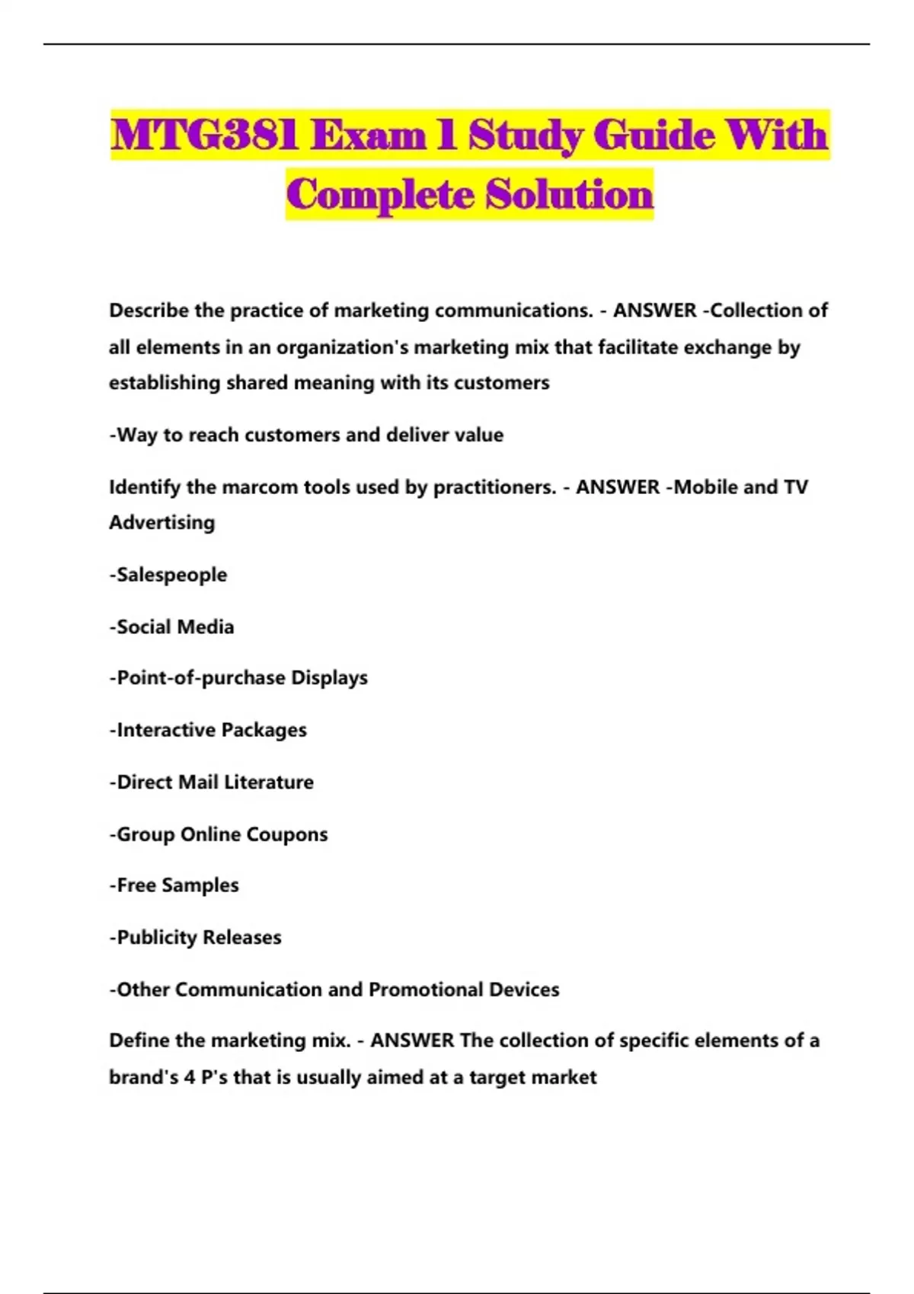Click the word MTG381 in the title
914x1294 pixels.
click(204, 135)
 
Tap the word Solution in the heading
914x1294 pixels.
click(570, 194)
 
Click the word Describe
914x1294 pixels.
click(149, 311)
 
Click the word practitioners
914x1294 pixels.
click(494, 486)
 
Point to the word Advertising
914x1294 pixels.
click(162, 522)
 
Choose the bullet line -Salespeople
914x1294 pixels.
click(168, 575)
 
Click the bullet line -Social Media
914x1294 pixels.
click(171, 626)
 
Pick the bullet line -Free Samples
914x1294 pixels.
click(174, 885)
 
